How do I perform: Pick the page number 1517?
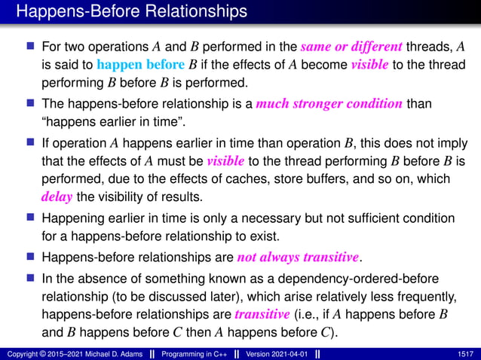[x=466, y=353]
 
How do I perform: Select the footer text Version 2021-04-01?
[x=275, y=353]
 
